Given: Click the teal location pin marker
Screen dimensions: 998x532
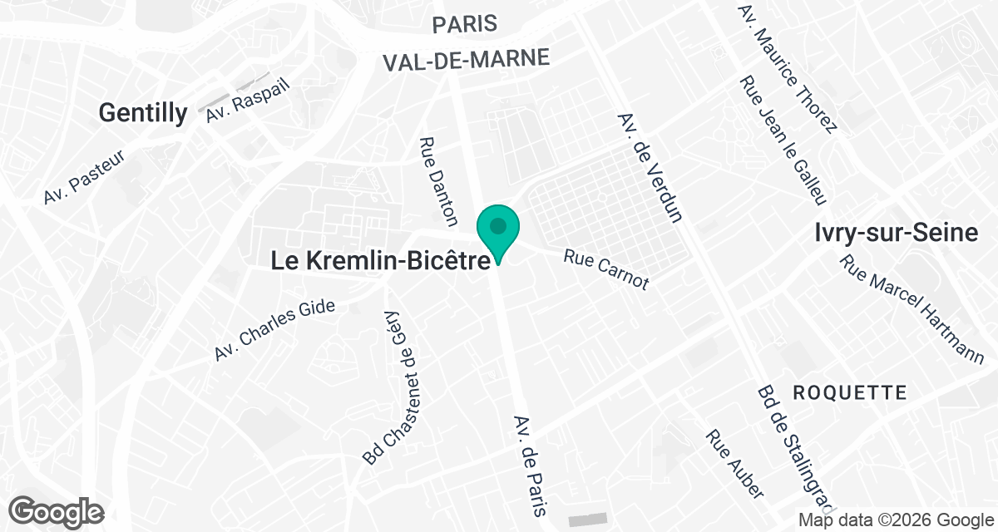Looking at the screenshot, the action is pos(498,231).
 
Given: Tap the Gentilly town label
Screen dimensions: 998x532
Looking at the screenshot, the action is pos(143,113).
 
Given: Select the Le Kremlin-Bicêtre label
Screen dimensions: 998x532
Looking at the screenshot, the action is pos(380,261).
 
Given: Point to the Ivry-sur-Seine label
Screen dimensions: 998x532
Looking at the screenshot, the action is pos(897,234).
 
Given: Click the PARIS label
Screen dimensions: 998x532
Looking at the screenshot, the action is pos(465,23).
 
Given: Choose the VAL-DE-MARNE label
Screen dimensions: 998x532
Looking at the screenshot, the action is pos(467,59).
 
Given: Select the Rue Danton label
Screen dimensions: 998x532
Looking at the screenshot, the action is pos(439,181).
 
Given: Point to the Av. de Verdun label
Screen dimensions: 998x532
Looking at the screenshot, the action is pos(650,168).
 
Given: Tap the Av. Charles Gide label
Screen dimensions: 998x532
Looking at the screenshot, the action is pos(274,329).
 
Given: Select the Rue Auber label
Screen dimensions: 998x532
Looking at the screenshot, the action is pos(734,464).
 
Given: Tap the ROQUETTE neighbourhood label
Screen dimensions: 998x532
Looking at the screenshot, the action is pos(849,392).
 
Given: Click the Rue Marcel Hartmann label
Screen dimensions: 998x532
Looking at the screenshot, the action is pos(912,309).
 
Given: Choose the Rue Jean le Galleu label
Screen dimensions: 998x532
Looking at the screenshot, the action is pos(783,140).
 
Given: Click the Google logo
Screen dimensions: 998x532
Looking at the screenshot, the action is pos(57,510).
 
